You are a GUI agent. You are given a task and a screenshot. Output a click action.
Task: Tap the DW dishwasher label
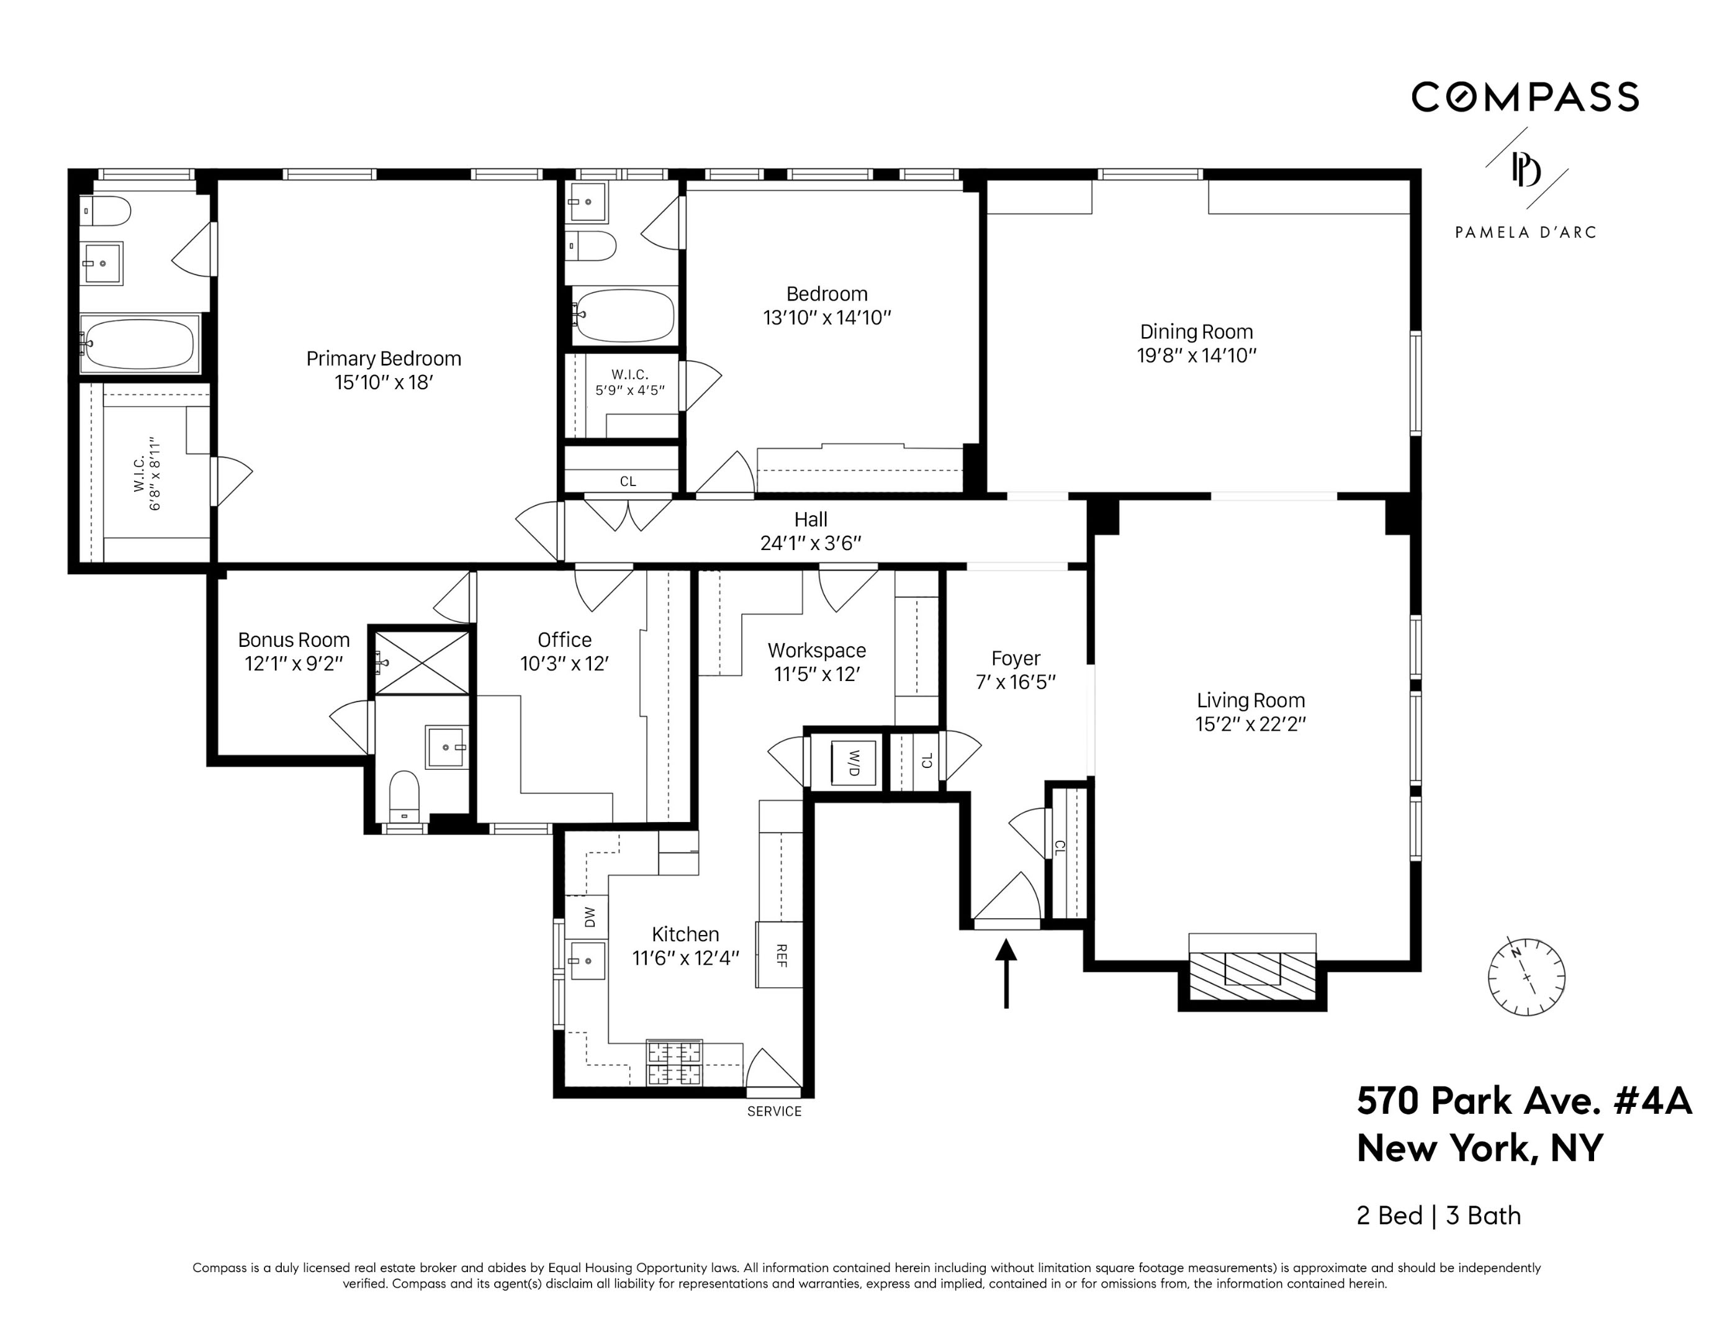pyautogui.click(x=588, y=918)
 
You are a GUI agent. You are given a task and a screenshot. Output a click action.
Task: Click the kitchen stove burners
pyautogui.click(x=675, y=1063)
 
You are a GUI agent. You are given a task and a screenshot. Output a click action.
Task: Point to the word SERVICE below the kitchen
pyautogui.click(x=773, y=1111)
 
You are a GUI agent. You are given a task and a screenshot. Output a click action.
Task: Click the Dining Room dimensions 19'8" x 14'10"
pyautogui.click(x=1196, y=355)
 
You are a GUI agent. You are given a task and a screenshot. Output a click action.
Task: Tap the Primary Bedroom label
pyautogui.click(x=384, y=358)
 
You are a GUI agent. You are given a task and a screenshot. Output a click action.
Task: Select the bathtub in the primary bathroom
pyautogui.click(x=140, y=344)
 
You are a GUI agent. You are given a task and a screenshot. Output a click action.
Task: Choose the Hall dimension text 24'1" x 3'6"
pyautogui.click(x=810, y=543)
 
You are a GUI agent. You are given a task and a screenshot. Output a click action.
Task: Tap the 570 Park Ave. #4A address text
pyautogui.click(x=1524, y=1101)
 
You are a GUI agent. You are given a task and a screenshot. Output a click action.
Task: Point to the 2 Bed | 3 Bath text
pyautogui.click(x=1438, y=1216)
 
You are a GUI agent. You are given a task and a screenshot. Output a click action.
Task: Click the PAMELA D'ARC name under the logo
pyautogui.click(x=1525, y=232)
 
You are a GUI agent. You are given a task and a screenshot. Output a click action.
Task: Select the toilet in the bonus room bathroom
pyautogui.click(x=404, y=795)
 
